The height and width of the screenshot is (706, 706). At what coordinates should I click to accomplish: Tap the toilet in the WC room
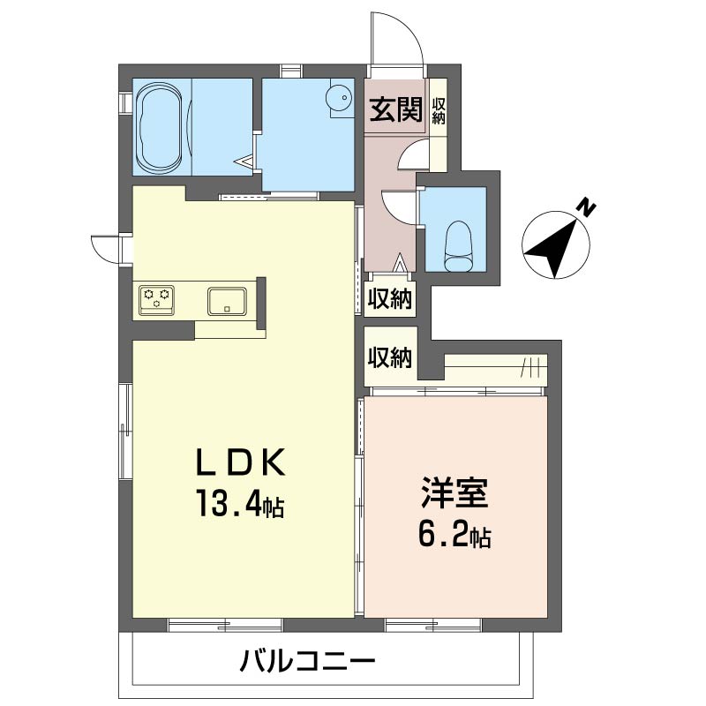(459, 246)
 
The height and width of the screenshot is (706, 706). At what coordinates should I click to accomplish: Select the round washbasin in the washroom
(342, 97)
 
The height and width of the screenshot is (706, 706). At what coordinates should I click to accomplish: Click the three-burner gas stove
(156, 298)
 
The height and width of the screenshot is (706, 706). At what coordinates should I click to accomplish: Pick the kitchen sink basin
(227, 301)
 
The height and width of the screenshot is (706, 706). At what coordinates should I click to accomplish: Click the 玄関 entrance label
(395, 109)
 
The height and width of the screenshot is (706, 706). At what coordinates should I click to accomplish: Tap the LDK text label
(240, 462)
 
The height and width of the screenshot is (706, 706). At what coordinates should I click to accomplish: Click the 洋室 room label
(454, 493)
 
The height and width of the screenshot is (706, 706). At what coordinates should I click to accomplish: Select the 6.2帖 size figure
(454, 535)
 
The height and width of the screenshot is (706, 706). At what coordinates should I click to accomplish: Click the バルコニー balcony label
(307, 661)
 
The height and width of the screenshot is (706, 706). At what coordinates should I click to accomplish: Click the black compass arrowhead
(553, 249)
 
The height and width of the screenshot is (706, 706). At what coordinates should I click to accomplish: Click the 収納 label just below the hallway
(390, 298)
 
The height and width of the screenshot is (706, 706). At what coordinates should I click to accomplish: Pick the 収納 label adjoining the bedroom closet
(390, 358)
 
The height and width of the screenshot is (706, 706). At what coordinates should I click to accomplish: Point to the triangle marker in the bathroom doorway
(244, 161)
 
